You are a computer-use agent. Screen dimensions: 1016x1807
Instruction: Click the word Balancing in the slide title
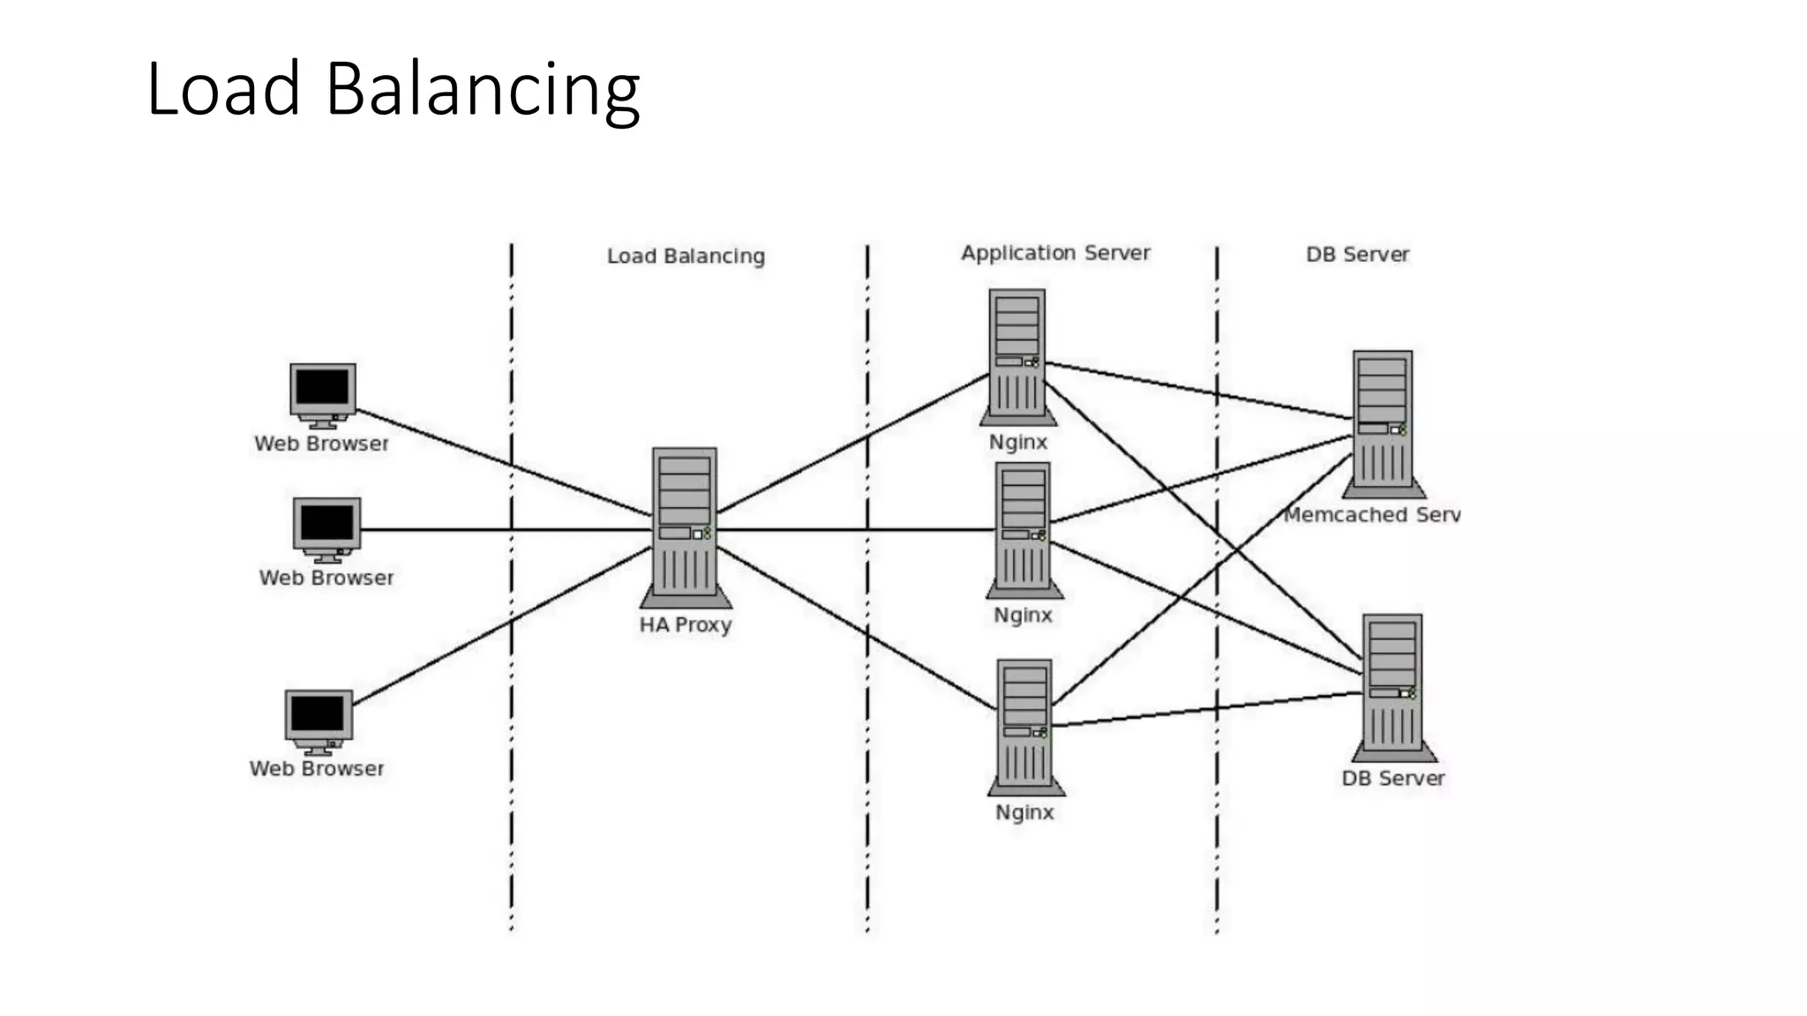tap(483, 90)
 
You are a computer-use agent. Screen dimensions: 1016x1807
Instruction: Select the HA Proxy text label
tap(686, 624)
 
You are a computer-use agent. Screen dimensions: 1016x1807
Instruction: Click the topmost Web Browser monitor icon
tap(323, 393)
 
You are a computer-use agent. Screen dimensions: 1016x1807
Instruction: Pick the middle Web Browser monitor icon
tap(326, 527)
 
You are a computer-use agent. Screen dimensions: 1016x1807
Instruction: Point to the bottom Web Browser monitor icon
tap(319, 720)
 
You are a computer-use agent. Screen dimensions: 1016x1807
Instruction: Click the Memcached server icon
tap(1383, 422)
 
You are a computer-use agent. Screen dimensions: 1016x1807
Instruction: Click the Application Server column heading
tap(1055, 253)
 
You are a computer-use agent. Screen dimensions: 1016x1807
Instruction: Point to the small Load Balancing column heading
tap(686, 256)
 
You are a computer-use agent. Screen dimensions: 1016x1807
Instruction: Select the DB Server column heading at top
tap(1357, 254)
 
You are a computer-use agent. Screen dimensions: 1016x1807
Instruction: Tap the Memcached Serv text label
tap(1371, 514)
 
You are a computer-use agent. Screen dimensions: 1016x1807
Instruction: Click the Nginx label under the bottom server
tap(1024, 811)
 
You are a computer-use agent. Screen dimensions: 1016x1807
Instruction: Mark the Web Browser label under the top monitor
tap(321, 444)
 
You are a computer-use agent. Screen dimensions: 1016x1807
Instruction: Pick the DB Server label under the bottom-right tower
tap(1393, 778)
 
